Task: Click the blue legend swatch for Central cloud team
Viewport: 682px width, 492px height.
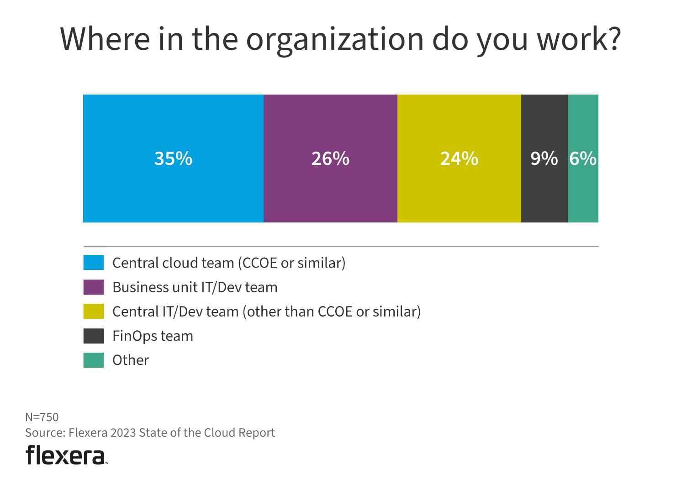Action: pos(94,263)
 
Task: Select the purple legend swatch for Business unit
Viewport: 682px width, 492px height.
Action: pos(94,287)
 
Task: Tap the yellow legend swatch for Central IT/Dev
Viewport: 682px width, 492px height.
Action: pos(94,311)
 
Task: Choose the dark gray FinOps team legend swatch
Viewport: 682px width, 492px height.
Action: pos(94,336)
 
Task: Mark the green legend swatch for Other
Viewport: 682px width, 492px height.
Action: pos(94,360)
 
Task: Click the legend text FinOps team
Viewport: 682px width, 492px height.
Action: pos(153,336)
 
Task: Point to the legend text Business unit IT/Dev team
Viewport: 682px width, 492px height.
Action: pos(195,287)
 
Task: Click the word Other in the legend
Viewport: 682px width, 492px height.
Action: pos(131,360)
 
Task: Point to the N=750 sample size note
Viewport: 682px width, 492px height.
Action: pos(42,417)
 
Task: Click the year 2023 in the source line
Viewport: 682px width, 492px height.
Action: pos(123,433)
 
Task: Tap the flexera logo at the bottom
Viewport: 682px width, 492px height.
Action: pos(66,455)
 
